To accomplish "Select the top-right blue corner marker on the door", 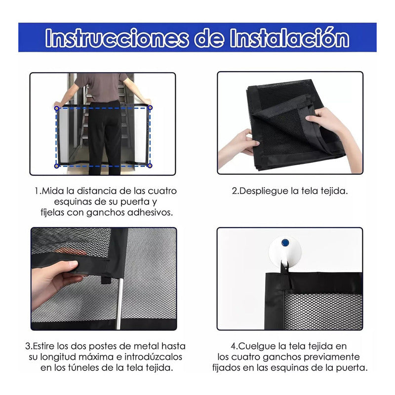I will coord(150,107).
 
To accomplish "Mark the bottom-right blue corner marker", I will coord(150,165).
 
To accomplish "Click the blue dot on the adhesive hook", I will coord(285,243).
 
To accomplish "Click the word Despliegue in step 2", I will coord(263,191).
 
